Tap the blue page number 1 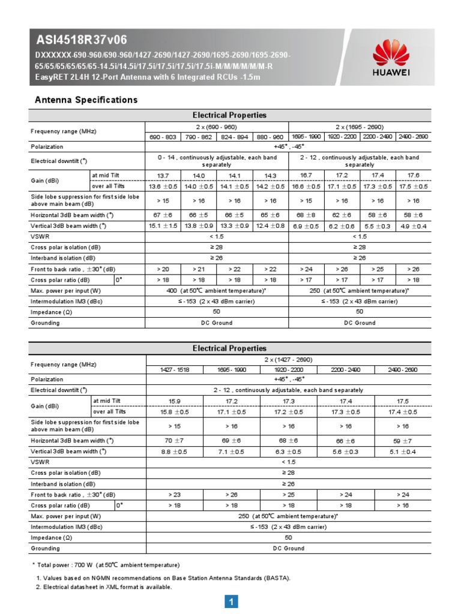(231, 601)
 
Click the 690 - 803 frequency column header (163, 137)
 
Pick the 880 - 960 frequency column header (270, 137)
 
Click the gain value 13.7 (163, 175)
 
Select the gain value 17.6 (413, 175)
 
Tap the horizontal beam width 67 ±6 (163, 215)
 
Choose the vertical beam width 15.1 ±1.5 (163, 225)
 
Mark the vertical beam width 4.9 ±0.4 (413, 225)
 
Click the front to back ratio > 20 (163, 269)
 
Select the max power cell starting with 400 (217, 291)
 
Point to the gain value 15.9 (175, 401)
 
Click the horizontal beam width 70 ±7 (175, 441)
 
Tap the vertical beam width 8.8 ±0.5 (175, 452)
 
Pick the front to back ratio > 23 (175, 495)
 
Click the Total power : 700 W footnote (107, 565)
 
